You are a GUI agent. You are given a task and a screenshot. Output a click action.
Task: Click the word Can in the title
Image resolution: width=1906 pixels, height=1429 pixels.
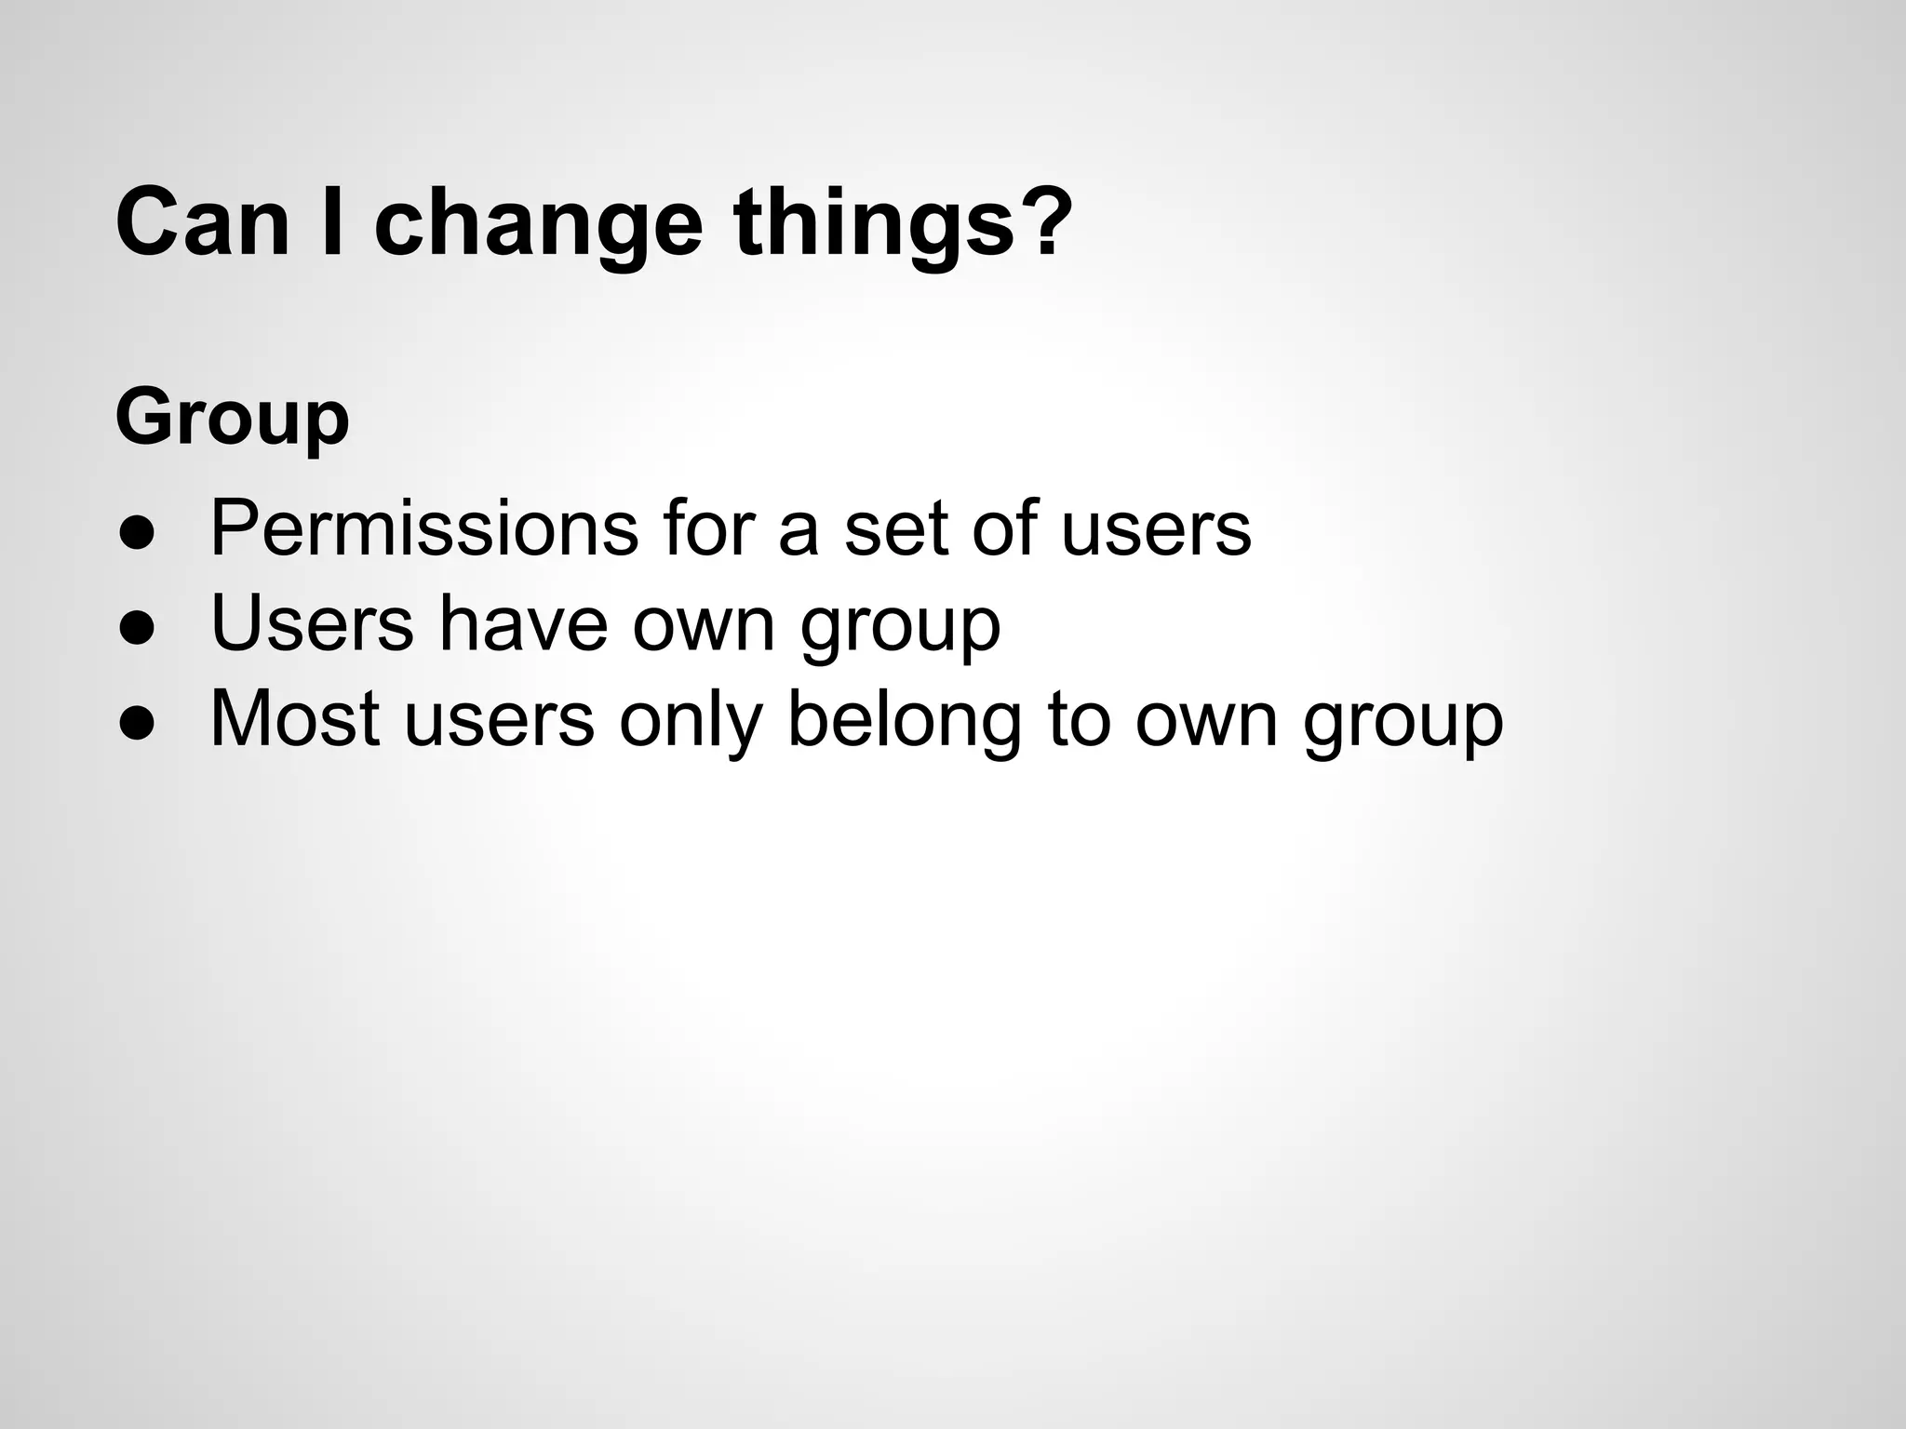(203, 223)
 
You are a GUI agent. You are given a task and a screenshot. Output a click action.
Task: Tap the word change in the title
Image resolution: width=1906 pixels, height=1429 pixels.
(537, 223)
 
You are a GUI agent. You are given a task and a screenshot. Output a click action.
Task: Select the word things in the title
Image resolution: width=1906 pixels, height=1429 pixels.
(872, 223)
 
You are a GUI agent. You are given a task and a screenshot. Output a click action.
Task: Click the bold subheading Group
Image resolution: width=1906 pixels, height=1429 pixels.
(233, 419)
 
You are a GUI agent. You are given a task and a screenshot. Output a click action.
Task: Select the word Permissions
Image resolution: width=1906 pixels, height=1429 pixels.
(424, 528)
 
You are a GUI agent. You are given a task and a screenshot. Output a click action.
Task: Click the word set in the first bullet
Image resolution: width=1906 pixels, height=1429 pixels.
(895, 528)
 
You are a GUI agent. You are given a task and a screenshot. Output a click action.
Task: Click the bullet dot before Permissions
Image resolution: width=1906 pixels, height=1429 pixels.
(136, 534)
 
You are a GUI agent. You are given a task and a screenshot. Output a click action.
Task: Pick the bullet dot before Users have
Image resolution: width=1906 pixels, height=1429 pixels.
(136, 629)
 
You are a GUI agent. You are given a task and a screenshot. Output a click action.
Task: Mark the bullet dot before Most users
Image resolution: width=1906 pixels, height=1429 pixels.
(136, 724)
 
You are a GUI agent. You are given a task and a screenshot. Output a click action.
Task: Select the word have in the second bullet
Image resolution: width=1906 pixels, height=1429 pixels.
(523, 623)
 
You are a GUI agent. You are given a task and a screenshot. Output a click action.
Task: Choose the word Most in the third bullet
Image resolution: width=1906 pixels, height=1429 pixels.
(295, 718)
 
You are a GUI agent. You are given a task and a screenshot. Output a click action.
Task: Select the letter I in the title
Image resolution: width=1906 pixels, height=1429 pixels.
(331, 223)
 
